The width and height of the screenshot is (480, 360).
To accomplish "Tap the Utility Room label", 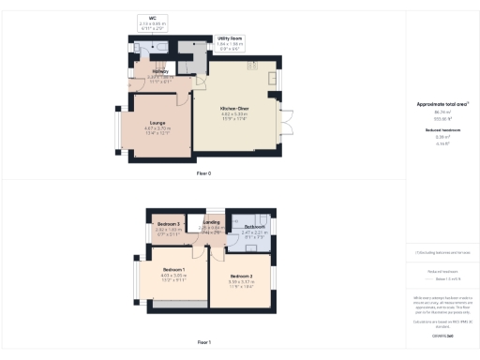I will (230, 38).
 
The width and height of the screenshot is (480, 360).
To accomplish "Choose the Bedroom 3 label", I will (169, 226).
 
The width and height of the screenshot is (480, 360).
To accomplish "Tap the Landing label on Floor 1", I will (211, 222).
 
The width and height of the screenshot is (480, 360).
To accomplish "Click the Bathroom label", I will (254, 227).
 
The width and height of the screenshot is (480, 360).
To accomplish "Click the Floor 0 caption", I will (203, 173).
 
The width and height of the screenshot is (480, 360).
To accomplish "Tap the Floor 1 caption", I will (203, 343).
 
